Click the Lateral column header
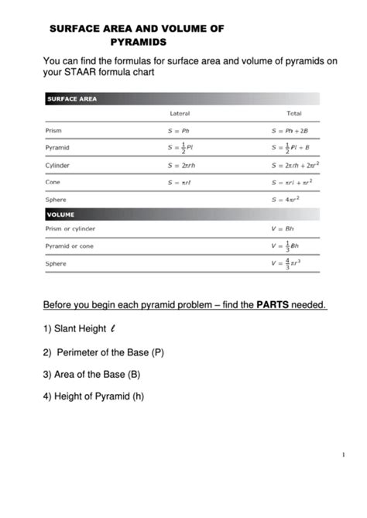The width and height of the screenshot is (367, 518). [x=180, y=114]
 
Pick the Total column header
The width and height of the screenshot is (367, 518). [x=293, y=114]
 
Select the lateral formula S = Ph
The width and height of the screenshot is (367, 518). [x=179, y=130]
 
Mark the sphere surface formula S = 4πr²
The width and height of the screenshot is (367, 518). [x=287, y=199]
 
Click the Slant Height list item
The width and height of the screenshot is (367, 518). [x=74, y=329]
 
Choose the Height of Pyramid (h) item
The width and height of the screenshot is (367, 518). [x=94, y=396]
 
